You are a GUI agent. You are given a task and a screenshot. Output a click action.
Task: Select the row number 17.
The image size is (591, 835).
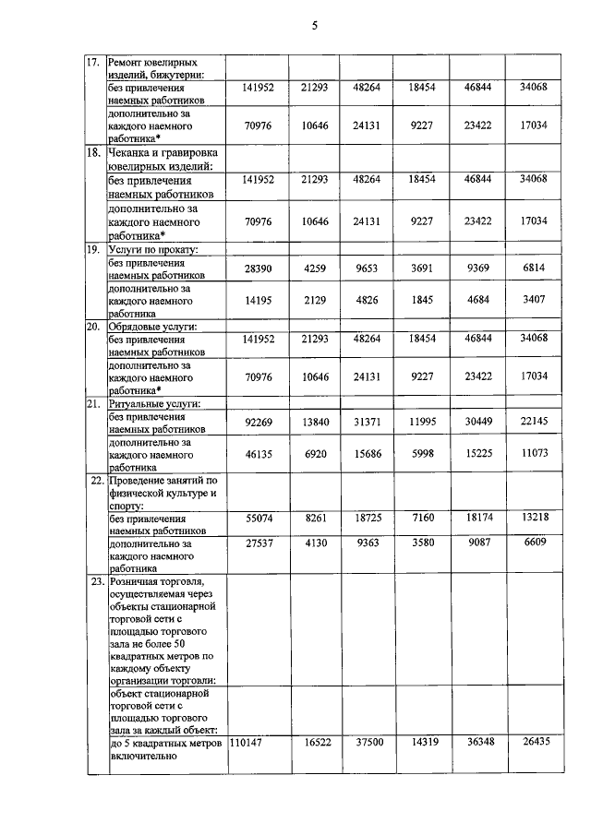coord(92,63)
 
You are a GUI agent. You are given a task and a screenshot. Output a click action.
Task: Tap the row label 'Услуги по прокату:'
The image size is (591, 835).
coord(155,249)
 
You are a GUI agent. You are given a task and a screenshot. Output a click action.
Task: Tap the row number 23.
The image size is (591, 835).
coord(92,582)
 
